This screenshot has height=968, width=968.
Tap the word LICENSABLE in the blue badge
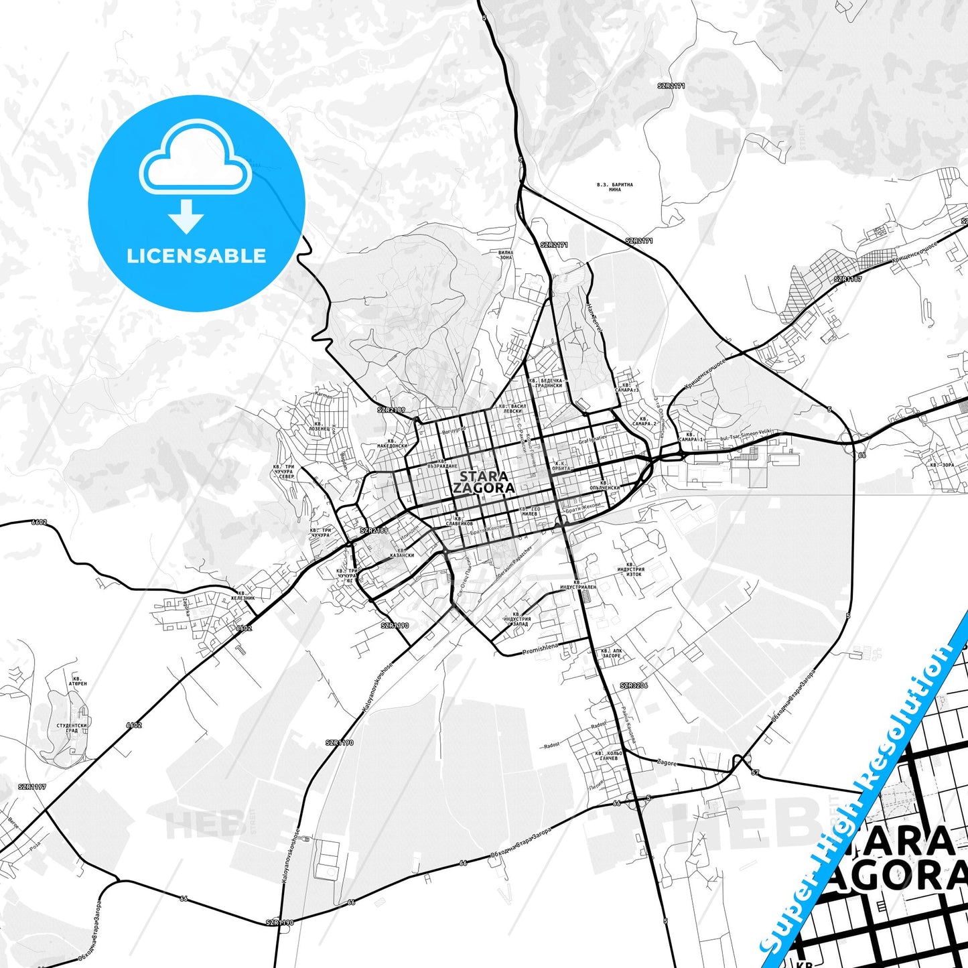tap(196, 256)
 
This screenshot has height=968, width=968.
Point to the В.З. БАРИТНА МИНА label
tap(614, 187)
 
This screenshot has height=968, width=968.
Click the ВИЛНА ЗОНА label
tap(506, 255)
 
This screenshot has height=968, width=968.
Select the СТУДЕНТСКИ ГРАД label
tap(72, 728)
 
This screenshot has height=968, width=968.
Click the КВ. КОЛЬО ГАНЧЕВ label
tap(608, 756)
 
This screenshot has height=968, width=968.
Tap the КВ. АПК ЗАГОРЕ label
tap(611, 652)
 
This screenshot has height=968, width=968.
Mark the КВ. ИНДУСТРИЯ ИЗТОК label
tap(630, 571)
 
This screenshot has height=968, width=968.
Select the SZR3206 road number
tap(634, 686)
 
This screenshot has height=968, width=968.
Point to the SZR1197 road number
tap(32, 786)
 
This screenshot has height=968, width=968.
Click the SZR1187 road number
tap(847, 279)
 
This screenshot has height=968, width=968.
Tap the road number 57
tap(755, 773)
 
